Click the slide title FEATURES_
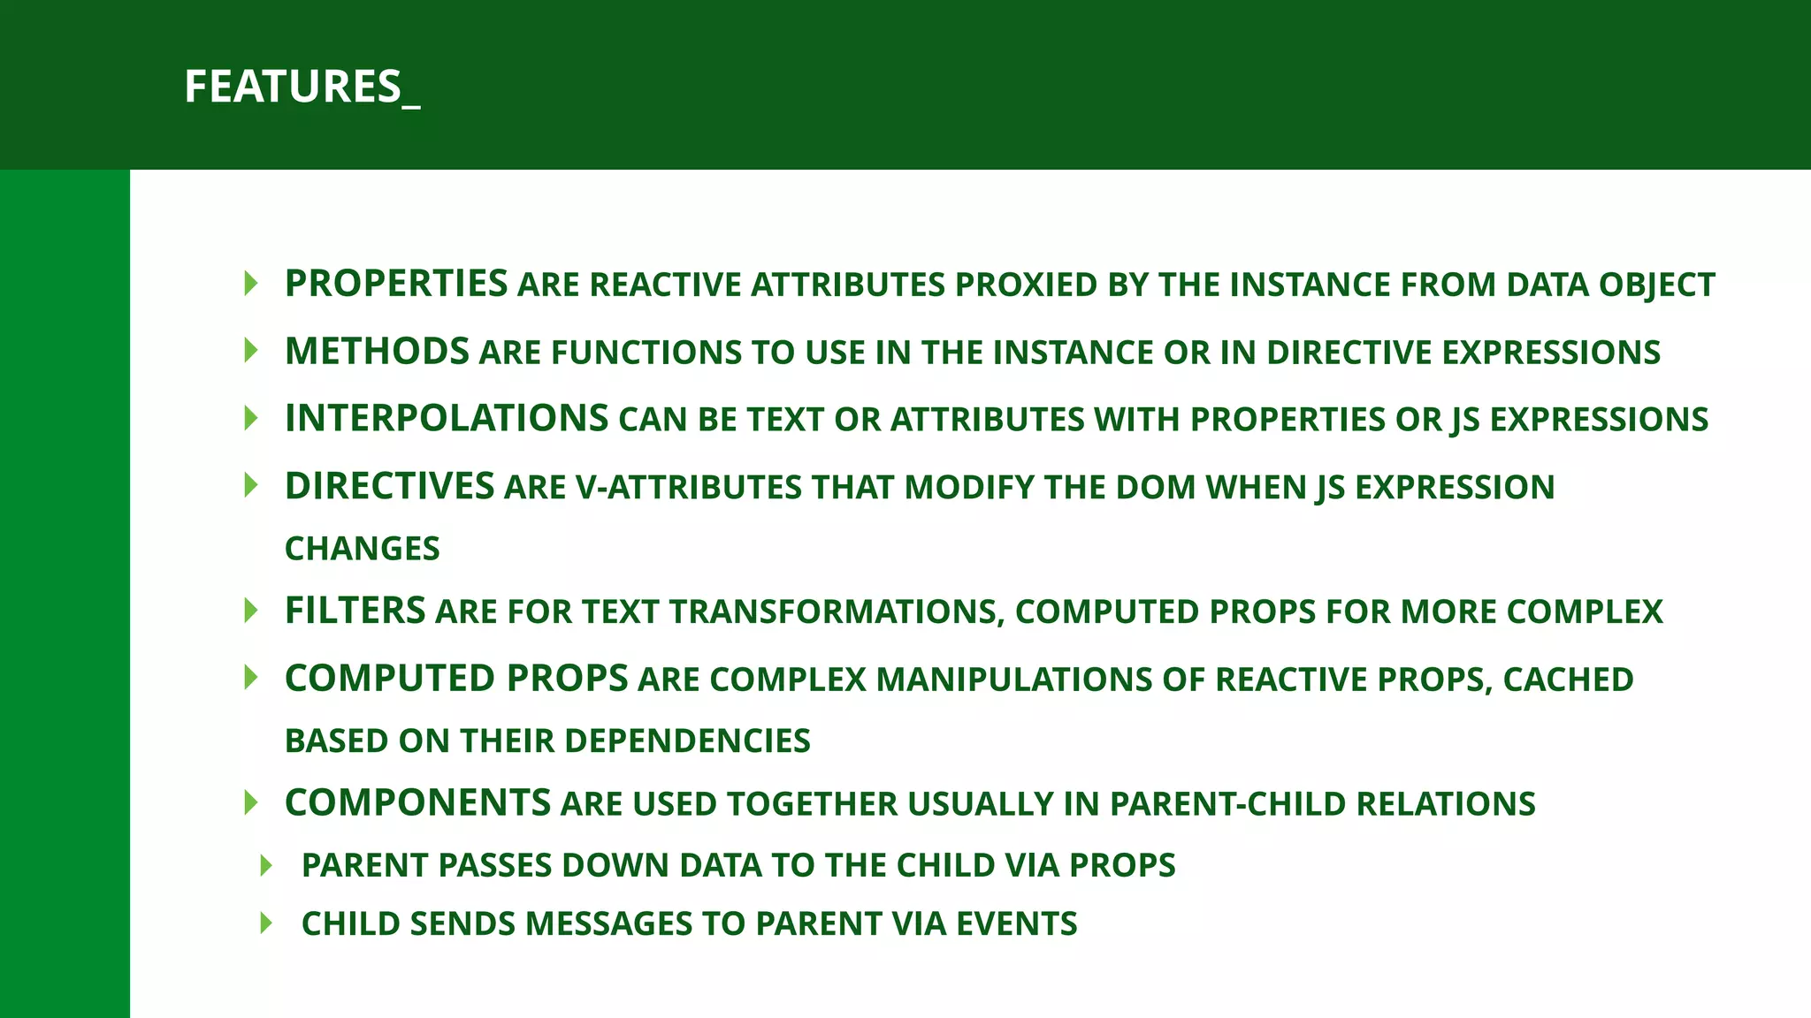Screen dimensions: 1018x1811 (x=302, y=87)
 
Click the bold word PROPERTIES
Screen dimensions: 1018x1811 (x=396, y=284)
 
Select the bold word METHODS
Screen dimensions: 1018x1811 (x=377, y=351)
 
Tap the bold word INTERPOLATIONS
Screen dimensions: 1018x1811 (x=447, y=418)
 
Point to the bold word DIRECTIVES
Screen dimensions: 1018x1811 (x=389, y=486)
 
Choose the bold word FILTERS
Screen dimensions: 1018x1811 (x=355, y=611)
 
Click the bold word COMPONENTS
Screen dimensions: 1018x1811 (x=417, y=802)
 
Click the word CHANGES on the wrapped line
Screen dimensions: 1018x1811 (x=362, y=549)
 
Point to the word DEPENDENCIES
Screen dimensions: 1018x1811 (x=693, y=741)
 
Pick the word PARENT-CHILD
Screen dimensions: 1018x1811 (x=1228, y=804)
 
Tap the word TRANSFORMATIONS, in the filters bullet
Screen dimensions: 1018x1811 (x=837, y=612)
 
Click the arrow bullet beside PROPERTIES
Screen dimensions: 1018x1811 (x=251, y=284)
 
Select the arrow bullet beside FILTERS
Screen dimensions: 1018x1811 (x=251, y=611)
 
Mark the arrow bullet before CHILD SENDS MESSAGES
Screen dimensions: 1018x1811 (x=266, y=923)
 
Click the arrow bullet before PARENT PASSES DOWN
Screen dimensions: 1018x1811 (x=266, y=865)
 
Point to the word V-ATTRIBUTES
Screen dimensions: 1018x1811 (x=688, y=488)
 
